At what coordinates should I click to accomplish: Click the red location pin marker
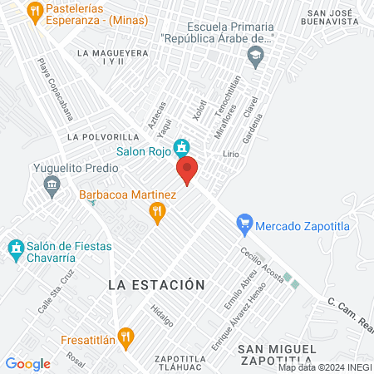pyautogui.click(x=187, y=170)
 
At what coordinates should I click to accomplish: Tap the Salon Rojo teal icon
pyautogui.click(x=180, y=150)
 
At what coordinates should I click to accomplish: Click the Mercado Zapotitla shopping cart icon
pyautogui.click(x=244, y=224)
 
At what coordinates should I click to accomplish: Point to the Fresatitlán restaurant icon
pyautogui.click(x=125, y=338)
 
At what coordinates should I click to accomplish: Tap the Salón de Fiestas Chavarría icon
pyautogui.click(x=15, y=248)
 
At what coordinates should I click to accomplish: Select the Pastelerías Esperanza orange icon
pyautogui.click(x=34, y=11)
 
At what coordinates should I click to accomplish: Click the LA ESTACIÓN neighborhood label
pyautogui.click(x=156, y=284)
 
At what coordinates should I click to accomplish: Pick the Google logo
pyautogui.click(x=27, y=363)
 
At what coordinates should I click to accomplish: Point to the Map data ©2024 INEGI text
pyautogui.click(x=325, y=367)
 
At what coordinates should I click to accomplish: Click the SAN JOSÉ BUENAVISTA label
pyautogui.click(x=340, y=19)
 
